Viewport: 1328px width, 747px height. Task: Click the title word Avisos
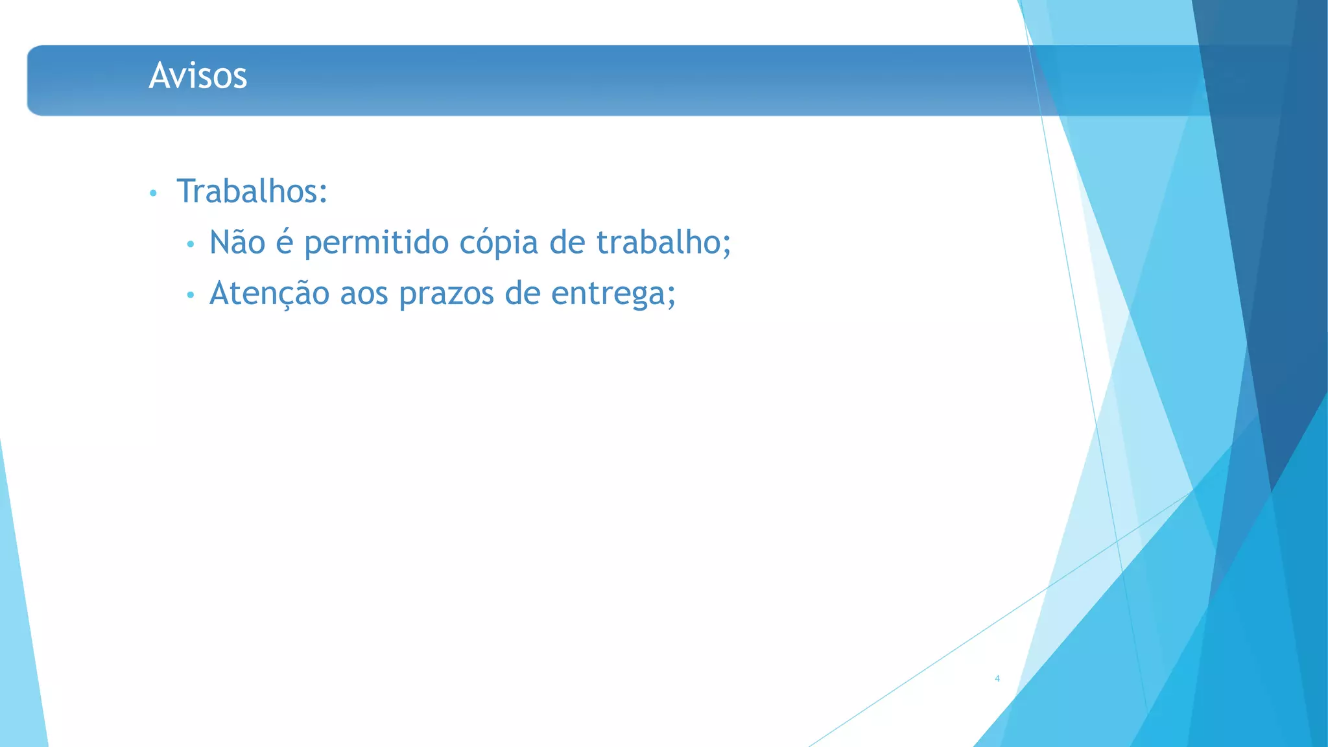[198, 76]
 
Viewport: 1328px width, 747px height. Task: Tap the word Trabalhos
[247, 191]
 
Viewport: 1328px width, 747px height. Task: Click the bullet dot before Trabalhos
[153, 193]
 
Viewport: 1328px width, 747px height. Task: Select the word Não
[237, 243]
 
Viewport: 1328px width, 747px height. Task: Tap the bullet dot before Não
[190, 244]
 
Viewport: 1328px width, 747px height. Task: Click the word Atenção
[269, 294]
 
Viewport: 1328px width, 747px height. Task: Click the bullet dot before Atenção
[190, 295]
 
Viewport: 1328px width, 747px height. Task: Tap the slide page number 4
[997, 678]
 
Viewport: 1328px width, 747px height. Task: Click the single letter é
[285, 243]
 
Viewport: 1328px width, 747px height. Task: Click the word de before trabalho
[567, 243]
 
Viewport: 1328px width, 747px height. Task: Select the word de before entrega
[522, 294]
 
